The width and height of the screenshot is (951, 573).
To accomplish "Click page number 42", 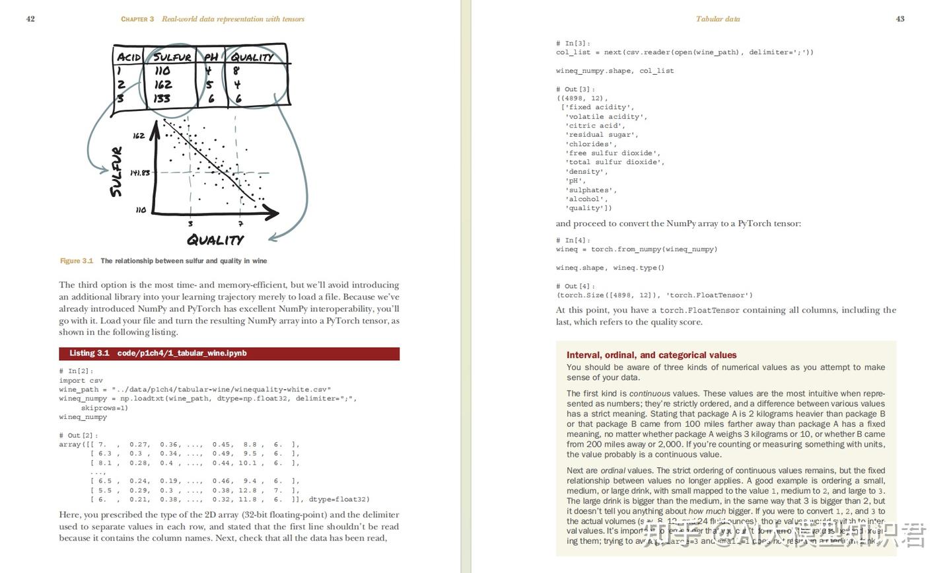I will click(30, 19).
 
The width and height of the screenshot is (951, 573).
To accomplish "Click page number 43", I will click(900, 19).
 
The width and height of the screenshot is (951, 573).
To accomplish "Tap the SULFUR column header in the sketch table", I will click(172, 57).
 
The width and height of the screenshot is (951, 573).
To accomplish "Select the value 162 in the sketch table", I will click(163, 85).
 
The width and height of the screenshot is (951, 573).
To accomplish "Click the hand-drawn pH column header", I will click(211, 57).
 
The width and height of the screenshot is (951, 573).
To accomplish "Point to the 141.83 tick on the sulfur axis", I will click(139, 173).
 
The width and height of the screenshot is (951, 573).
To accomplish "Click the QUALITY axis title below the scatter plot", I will click(215, 240).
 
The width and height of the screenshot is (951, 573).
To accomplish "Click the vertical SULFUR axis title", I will click(117, 172).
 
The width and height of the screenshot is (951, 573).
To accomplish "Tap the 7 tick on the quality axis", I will click(240, 224).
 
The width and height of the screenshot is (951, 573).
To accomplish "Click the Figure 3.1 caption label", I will click(77, 261).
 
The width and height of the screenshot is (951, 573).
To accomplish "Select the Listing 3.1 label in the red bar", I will click(89, 354).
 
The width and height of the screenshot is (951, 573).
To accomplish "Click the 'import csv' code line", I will click(81, 381).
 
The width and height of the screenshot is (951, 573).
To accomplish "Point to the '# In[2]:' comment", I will click(77, 371).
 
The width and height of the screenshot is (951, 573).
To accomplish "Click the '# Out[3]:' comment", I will click(576, 89).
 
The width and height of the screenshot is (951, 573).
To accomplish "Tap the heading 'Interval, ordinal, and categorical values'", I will click(651, 355).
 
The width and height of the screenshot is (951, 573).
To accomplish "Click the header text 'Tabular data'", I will click(718, 19).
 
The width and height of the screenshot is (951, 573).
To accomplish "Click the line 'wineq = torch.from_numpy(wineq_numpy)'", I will click(637, 249).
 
